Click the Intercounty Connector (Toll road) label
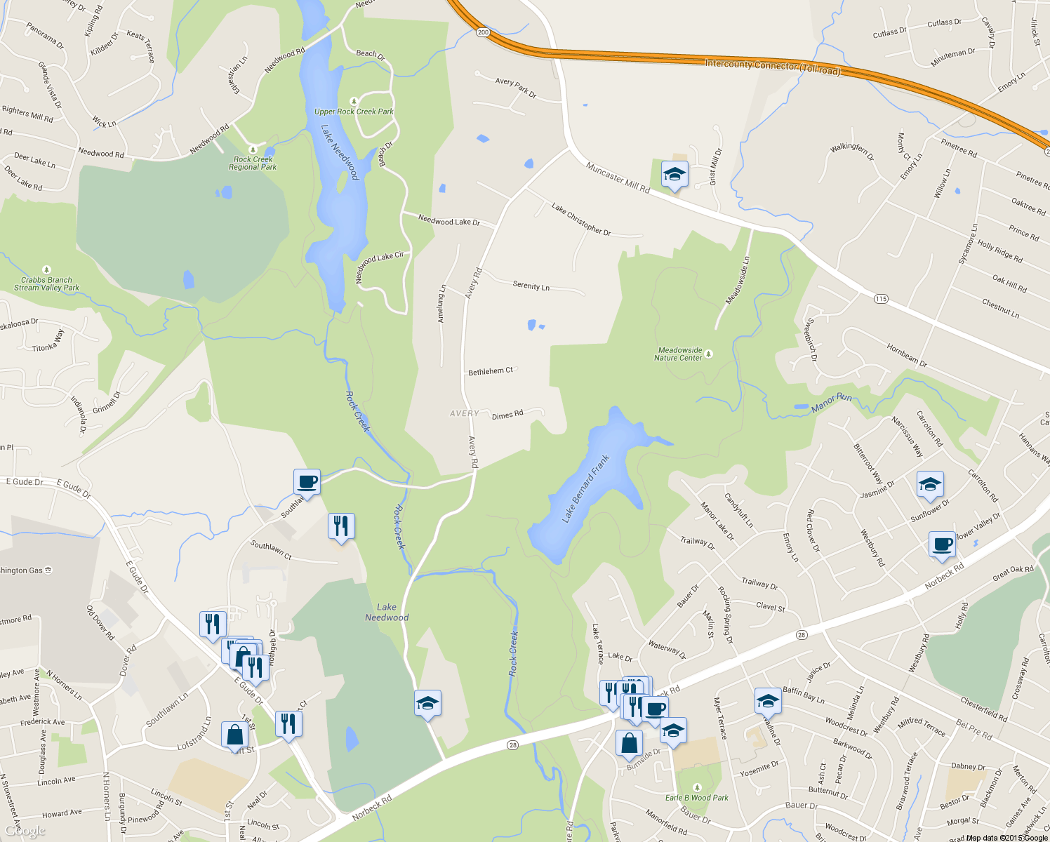tap(772, 67)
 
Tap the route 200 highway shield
tap(483, 32)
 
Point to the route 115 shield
tap(881, 299)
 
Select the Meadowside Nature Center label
tap(679, 354)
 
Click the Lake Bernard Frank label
tap(585, 488)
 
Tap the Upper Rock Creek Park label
tap(354, 112)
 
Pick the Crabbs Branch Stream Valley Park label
tap(46, 283)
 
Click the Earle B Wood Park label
tap(696, 798)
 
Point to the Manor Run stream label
tap(832, 403)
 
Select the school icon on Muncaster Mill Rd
tap(674, 175)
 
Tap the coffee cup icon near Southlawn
tap(307, 482)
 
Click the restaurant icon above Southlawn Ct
tap(341, 526)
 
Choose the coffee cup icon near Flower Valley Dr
tap(942, 544)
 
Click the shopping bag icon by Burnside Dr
tap(629, 743)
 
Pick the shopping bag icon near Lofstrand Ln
tap(235, 735)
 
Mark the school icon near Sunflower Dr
tap(930, 484)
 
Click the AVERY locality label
tap(465, 413)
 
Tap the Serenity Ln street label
tap(531, 286)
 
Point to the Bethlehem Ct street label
tap(491, 371)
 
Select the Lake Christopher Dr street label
tap(581, 219)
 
